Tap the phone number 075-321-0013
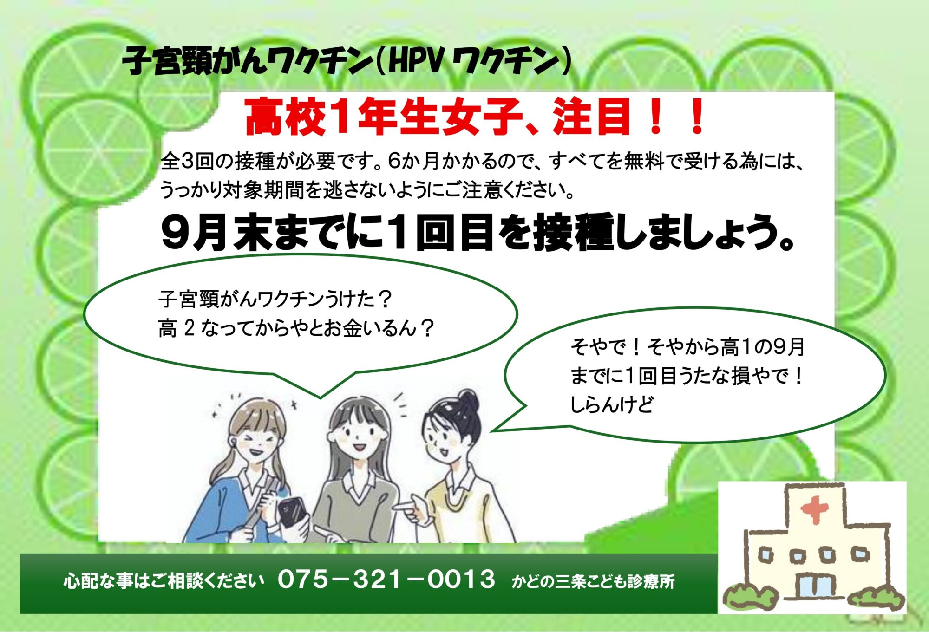pyautogui.click(x=386, y=580)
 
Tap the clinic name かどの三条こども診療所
pyautogui.click(x=593, y=581)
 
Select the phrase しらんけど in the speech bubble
pyautogui.click(x=611, y=404)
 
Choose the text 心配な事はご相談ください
pyautogui.click(x=164, y=581)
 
